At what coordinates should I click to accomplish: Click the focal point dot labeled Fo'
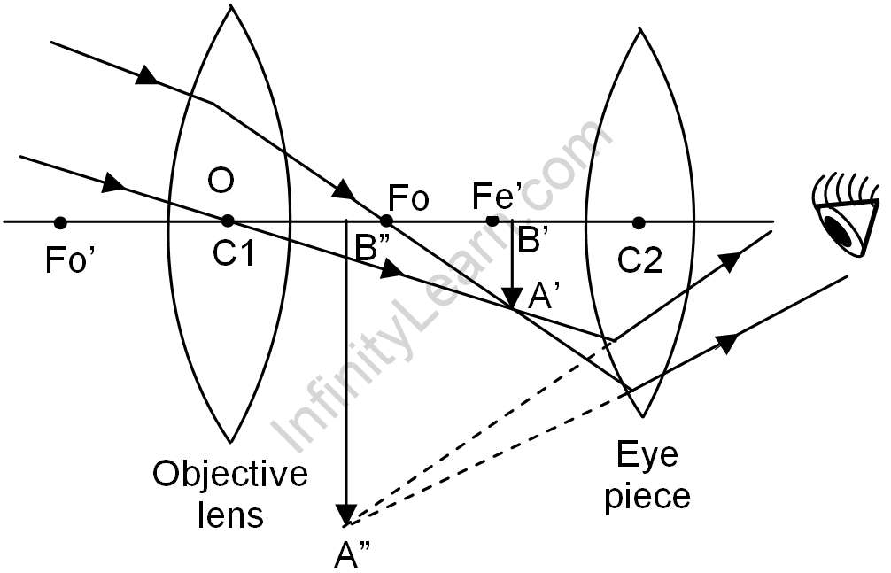[60, 221]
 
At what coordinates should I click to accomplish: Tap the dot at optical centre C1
[228, 221]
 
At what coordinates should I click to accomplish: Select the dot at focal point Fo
[386, 221]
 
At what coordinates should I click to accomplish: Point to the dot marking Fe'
[492, 221]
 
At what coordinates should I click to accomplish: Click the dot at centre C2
[639, 221]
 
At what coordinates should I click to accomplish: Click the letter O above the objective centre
[221, 182]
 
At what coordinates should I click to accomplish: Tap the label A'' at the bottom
[352, 554]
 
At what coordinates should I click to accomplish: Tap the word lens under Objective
[231, 515]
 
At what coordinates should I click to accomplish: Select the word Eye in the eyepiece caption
[647, 456]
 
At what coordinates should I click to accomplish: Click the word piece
[647, 496]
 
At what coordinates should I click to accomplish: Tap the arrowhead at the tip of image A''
[346, 515]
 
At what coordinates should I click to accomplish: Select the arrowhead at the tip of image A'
[512, 299]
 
